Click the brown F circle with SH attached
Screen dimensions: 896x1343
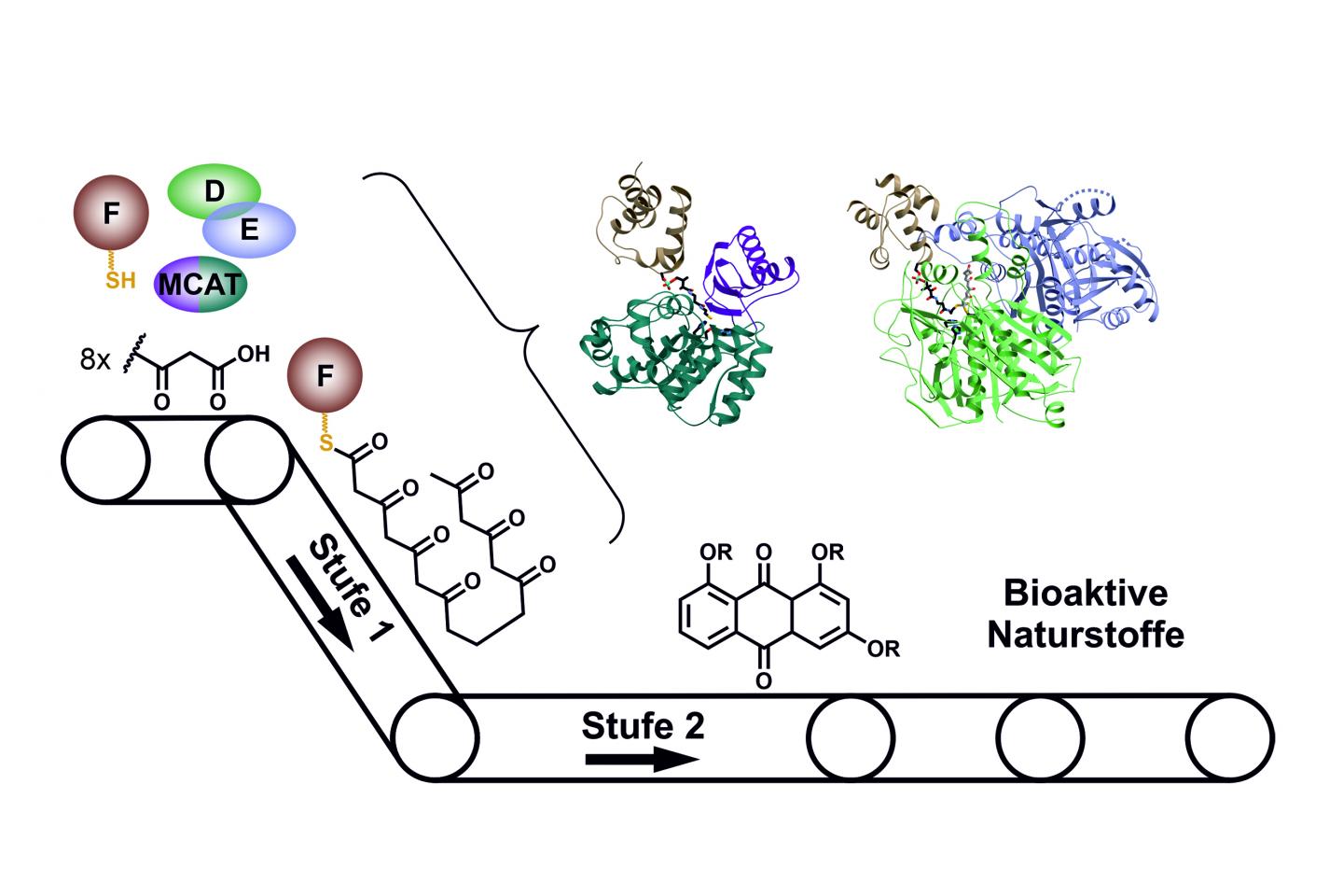[111, 214]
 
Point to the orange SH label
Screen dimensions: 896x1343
[120, 279]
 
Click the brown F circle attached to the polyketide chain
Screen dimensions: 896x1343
[325, 376]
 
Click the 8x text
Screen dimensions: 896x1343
[95, 358]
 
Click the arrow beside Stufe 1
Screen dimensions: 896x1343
[320, 602]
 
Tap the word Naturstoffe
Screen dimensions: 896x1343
[1086, 635]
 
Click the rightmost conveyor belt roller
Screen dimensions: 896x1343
[1230, 737]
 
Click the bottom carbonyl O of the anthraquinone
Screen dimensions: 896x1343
[764, 681]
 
